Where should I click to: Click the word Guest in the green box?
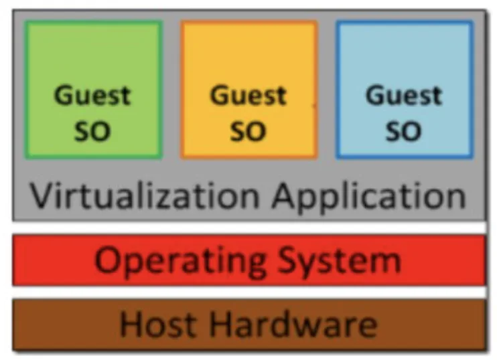(92, 96)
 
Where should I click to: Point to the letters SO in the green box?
(92, 130)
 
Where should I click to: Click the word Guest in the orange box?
(248, 96)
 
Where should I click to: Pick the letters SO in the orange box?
(248, 130)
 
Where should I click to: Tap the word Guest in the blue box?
(404, 96)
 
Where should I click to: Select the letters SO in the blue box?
(403, 130)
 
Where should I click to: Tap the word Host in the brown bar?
(158, 325)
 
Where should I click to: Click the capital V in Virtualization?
(43, 195)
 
